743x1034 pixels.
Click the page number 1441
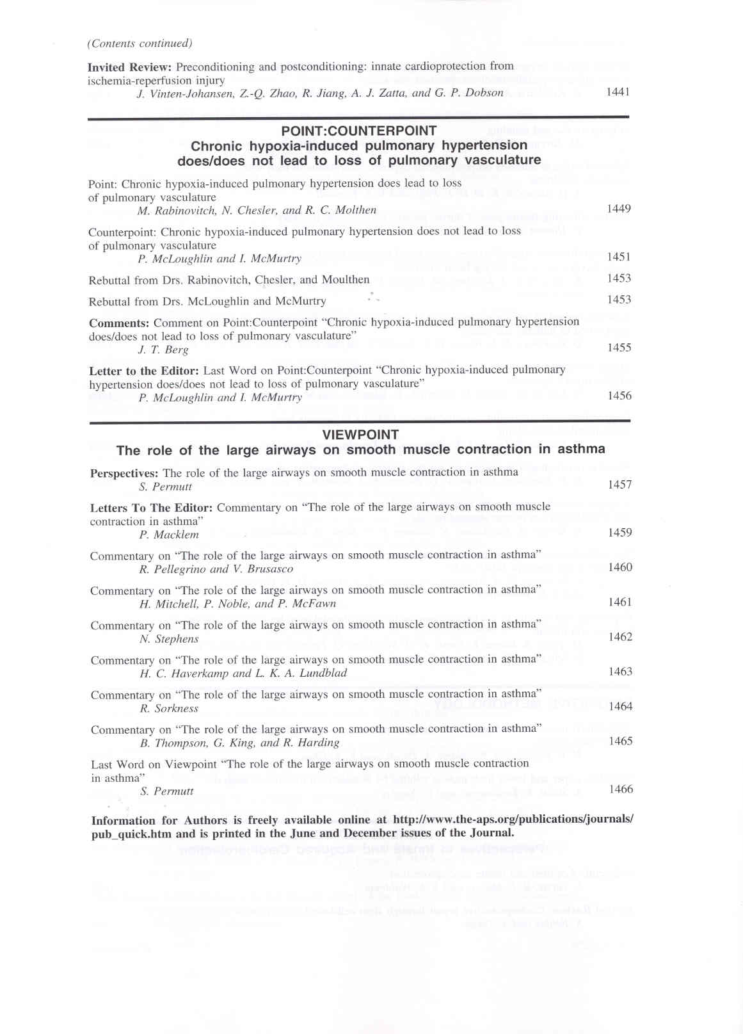(x=618, y=92)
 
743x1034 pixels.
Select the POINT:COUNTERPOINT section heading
(x=359, y=131)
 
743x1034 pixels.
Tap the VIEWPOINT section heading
(x=360, y=434)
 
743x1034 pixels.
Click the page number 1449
(x=618, y=209)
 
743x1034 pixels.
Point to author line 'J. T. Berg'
(x=163, y=350)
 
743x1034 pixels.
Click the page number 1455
(x=619, y=348)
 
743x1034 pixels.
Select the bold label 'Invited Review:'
(x=129, y=67)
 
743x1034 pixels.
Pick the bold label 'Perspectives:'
(x=124, y=473)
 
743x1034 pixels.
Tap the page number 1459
(x=619, y=533)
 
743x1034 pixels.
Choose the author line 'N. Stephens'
(x=169, y=639)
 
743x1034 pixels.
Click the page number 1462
(x=620, y=637)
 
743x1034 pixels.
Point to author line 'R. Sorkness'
(x=169, y=709)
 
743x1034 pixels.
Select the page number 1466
(x=621, y=789)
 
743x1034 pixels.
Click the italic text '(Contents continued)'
(x=140, y=44)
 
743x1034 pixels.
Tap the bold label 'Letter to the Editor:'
(x=144, y=370)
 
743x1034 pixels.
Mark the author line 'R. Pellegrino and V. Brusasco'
(x=216, y=569)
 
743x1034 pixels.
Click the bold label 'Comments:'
(x=119, y=323)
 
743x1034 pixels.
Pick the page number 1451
(x=619, y=257)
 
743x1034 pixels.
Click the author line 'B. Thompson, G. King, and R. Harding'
(x=239, y=743)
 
